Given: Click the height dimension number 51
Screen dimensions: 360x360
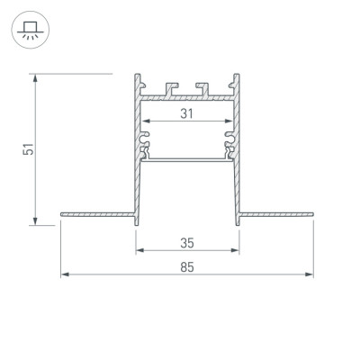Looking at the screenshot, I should (x=29, y=150).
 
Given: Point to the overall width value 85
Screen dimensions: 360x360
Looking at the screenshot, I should (x=188, y=266).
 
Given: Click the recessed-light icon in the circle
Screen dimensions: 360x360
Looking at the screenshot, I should (x=30, y=33).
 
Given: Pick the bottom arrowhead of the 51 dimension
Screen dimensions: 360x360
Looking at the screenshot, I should (x=35, y=220).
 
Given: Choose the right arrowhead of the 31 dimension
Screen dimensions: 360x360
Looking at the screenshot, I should (x=229, y=121).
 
